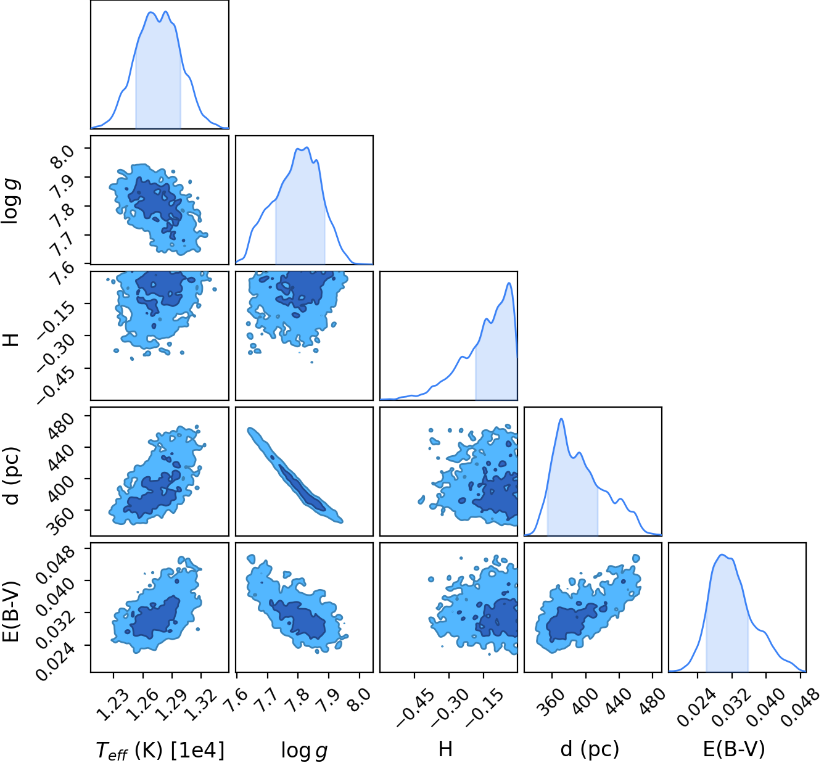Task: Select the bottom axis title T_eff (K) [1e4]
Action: (x=160, y=750)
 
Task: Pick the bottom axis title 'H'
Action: (x=445, y=749)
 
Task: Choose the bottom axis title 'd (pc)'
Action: (x=589, y=749)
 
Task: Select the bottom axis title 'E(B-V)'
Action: (x=734, y=749)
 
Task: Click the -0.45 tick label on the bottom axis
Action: (x=415, y=709)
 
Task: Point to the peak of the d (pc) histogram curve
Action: (x=561, y=418)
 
